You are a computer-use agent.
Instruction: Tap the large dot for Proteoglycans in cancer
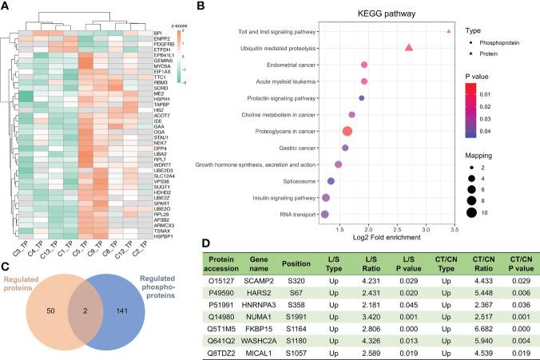click(347, 131)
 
